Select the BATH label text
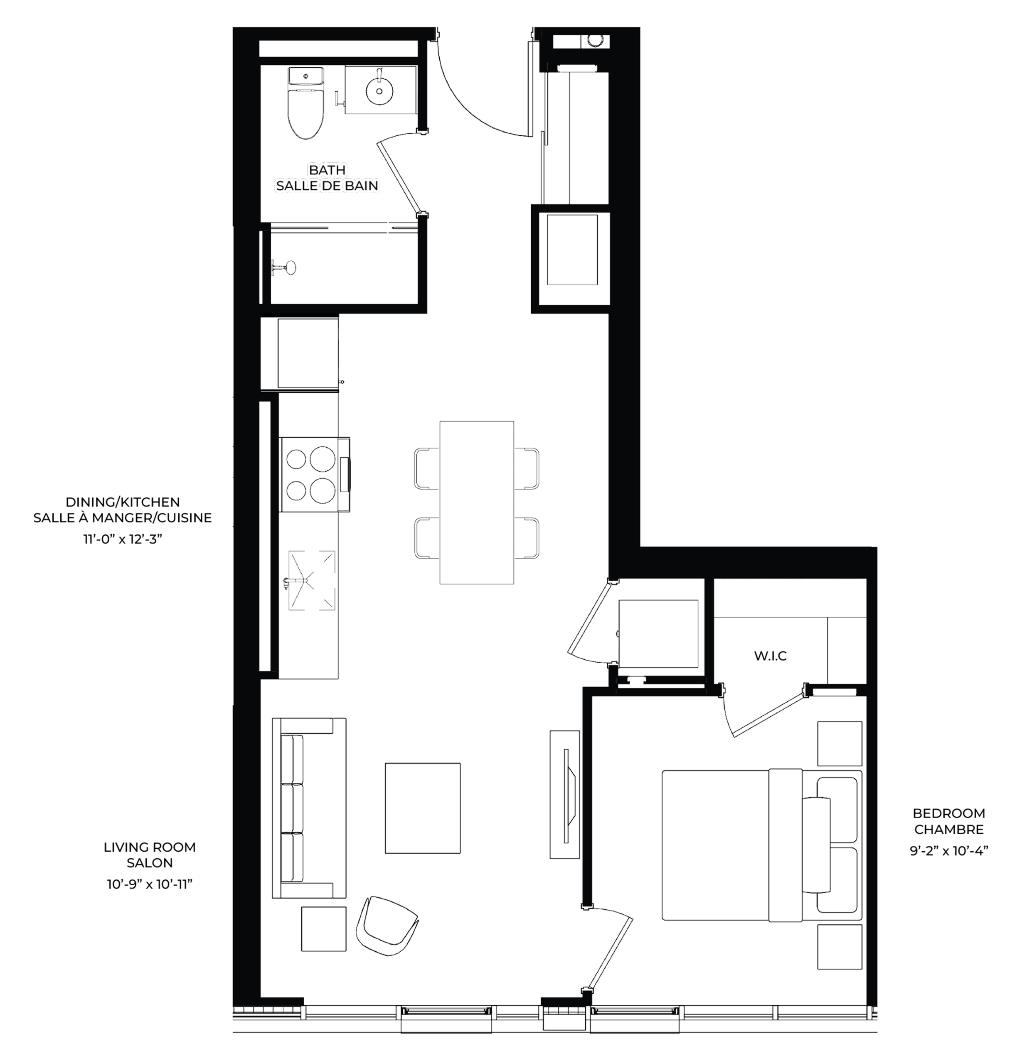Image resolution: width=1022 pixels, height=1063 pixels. (327, 170)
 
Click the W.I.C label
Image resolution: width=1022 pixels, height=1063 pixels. (770, 656)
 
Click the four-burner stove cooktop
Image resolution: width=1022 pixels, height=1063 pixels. (315, 475)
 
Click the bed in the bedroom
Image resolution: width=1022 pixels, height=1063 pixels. (761, 845)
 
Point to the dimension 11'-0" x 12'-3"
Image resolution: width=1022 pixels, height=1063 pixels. (122, 540)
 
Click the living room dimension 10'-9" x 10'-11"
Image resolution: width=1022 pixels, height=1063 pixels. (150, 884)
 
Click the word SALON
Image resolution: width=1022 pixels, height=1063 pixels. (150, 863)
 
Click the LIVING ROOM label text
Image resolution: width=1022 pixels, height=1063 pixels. (150, 847)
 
